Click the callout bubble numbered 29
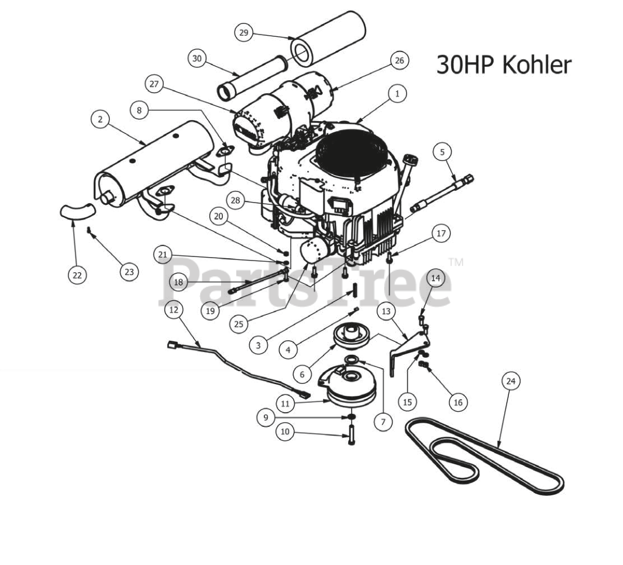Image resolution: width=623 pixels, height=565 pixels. tap(244, 33)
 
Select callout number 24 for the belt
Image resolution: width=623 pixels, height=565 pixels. tap(511, 381)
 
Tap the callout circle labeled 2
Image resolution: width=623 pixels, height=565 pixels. tap(100, 119)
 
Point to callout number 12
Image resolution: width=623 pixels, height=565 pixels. tap(173, 310)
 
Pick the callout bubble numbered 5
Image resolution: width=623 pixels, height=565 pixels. tap(442, 152)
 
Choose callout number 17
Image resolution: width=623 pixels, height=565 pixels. tap(440, 234)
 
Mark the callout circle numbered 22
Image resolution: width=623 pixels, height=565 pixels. tap(77, 274)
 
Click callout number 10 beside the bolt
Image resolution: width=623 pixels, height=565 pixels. tap(285, 432)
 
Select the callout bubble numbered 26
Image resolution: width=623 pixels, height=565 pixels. tap(399, 60)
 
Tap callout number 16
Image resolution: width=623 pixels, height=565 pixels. tap(458, 402)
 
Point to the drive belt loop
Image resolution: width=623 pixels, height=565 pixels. tap(486, 457)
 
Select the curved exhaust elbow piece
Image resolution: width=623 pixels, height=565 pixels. tap(77, 210)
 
